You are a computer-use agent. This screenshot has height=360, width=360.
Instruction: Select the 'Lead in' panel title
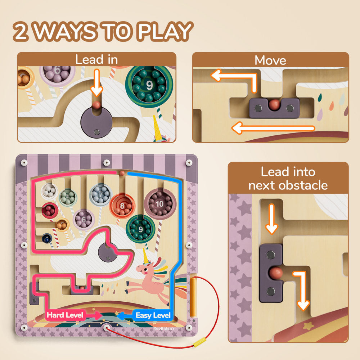(x=96, y=59)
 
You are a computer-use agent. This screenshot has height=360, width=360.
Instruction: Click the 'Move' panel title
(x=270, y=60)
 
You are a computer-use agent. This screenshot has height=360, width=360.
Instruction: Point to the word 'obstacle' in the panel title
(x=288, y=185)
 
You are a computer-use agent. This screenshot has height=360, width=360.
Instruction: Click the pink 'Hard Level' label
(x=65, y=315)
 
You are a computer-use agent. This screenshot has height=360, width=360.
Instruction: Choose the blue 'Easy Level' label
(x=153, y=316)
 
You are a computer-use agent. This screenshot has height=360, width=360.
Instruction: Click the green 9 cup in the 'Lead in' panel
(x=149, y=85)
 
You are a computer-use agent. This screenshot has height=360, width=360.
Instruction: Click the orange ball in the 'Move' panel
(x=274, y=104)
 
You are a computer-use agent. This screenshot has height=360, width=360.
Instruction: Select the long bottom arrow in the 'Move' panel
(x=274, y=128)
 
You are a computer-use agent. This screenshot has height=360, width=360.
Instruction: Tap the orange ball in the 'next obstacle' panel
(x=276, y=272)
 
